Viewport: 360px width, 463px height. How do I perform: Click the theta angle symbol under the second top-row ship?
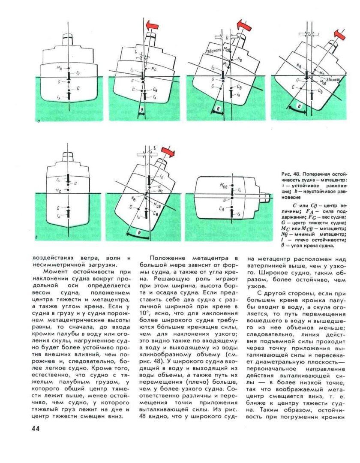point(142,110)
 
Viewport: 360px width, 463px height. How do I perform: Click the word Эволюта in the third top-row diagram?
point(213,50)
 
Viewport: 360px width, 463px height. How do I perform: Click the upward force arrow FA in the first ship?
point(69,95)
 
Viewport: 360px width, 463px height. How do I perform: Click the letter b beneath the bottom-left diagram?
point(37,236)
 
